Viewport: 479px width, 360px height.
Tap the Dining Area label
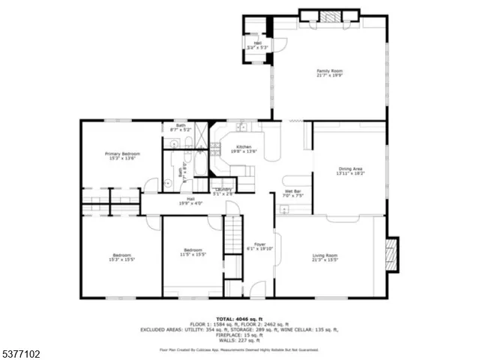(350, 172)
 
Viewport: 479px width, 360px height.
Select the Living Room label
(325, 258)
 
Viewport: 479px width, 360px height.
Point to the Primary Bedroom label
(121, 155)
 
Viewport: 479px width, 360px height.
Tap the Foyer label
(259, 246)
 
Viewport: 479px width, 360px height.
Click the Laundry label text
(223, 191)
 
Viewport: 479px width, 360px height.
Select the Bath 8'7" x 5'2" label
(181, 127)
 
